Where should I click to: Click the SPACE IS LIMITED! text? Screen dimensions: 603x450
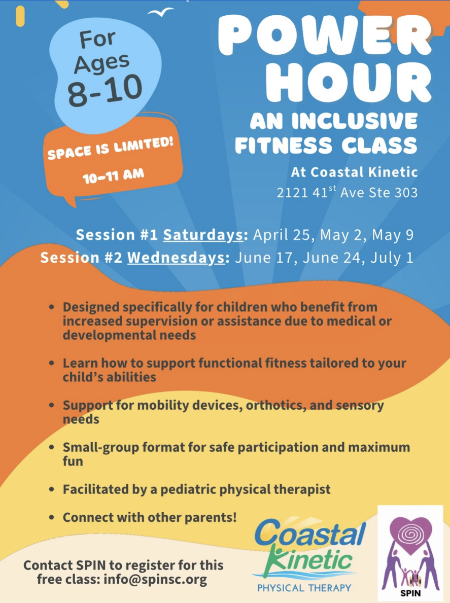point(111,148)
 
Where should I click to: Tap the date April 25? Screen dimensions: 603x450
point(277,235)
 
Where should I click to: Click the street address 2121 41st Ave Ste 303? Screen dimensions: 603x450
point(347,193)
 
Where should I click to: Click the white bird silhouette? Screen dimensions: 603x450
point(161,11)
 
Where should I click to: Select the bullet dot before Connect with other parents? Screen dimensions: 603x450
point(52,518)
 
